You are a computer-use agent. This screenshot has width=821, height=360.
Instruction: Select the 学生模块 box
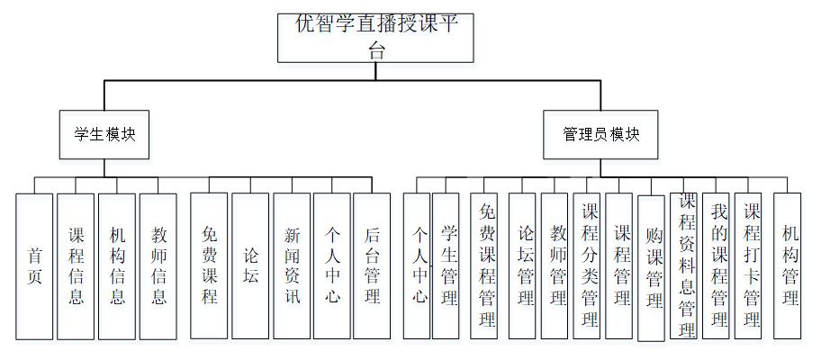point(104,134)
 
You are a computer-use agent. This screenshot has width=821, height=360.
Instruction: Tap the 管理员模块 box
point(601,134)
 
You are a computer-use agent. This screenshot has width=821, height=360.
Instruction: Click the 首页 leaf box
point(34,265)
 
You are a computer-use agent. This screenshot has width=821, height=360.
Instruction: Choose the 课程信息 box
point(76,265)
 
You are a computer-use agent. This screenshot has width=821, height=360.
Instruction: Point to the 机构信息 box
point(117,265)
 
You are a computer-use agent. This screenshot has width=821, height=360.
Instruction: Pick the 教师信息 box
point(158,265)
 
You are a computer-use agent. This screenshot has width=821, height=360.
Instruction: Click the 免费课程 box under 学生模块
point(209,265)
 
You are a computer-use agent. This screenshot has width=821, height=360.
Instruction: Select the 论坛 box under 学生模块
point(250,265)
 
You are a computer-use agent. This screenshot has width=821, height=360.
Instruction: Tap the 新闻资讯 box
point(292,265)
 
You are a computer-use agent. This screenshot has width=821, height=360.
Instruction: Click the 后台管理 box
point(372,265)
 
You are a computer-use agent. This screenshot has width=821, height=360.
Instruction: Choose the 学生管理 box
point(447,265)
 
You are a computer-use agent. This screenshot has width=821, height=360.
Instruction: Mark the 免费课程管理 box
point(487,265)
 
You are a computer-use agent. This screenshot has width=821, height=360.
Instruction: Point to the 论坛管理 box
point(526,265)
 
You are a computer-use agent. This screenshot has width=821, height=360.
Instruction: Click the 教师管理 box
point(555,265)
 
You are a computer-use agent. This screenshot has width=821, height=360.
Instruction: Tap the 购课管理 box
point(652,268)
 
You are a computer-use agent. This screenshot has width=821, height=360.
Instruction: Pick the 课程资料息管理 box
point(686,265)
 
